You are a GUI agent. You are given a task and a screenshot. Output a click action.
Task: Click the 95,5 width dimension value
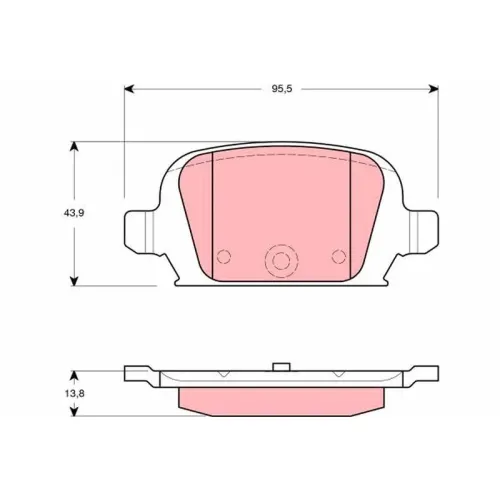pyautogui.click(x=282, y=89)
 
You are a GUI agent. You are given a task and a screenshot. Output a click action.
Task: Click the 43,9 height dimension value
pyautogui.click(x=74, y=213)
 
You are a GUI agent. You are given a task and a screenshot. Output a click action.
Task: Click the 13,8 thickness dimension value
pyautogui.click(x=75, y=394)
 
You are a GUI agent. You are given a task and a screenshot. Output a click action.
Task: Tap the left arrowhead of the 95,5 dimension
pyautogui.click(x=129, y=89)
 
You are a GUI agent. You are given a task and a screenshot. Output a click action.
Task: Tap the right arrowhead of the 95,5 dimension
pyautogui.click(x=433, y=89)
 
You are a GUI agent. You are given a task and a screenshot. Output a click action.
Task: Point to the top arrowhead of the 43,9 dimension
pyautogui.click(x=74, y=147)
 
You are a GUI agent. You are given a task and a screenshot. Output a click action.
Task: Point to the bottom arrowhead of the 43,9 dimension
pyautogui.click(x=74, y=281)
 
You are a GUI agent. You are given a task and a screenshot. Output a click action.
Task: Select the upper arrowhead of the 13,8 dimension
pyautogui.click(x=74, y=376)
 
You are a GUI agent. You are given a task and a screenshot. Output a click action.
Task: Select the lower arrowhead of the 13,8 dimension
pyautogui.click(x=74, y=411)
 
